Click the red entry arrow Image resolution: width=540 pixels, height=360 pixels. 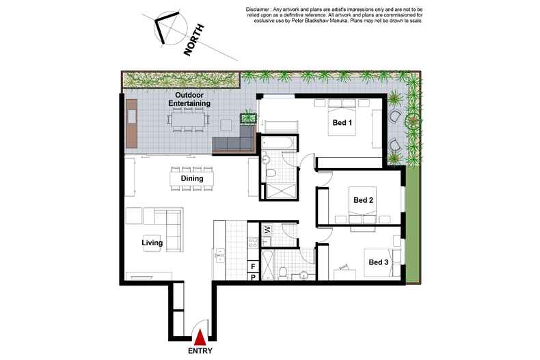pyautogui.click(x=200, y=337)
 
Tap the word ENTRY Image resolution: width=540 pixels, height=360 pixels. pyautogui.click(x=200, y=351)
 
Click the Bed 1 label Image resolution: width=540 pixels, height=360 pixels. pyautogui.click(x=342, y=122)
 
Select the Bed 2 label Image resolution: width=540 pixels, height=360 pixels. pyautogui.click(x=364, y=200)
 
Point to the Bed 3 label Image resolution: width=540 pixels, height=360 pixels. pyautogui.click(x=379, y=262)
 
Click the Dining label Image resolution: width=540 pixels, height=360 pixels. pyautogui.click(x=192, y=178)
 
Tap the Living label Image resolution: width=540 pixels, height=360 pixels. pyautogui.click(x=152, y=243)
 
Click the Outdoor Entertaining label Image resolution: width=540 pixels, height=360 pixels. pyautogui.click(x=189, y=99)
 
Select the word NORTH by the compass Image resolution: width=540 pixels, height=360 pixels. pyautogui.click(x=194, y=40)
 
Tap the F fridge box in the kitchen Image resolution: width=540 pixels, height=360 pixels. pyautogui.click(x=253, y=266)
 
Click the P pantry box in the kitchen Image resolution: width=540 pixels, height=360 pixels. pyautogui.click(x=254, y=277)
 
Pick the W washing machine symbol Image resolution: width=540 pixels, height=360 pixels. pyautogui.click(x=267, y=230)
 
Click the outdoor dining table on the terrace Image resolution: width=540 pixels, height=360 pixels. pyautogui.click(x=189, y=120)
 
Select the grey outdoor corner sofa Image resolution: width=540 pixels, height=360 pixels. pyautogui.click(x=234, y=141)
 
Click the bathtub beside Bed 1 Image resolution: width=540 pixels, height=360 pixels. pyautogui.click(x=278, y=143)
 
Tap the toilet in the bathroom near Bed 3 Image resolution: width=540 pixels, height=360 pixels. pyautogui.click(x=283, y=274)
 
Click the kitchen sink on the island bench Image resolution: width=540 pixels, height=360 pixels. pyautogui.click(x=219, y=255)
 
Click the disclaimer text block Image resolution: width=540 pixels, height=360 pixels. pyautogui.click(x=334, y=15)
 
